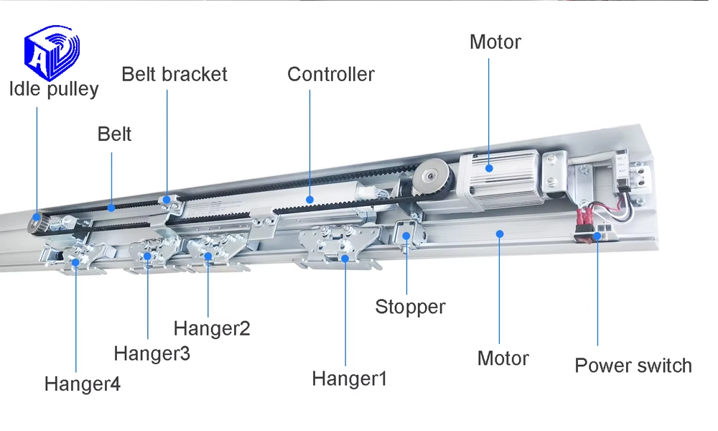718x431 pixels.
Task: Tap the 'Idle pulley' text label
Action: [x=54, y=89]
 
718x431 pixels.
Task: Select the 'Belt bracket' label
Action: [x=174, y=74]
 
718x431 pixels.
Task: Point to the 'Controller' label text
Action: [x=331, y=74]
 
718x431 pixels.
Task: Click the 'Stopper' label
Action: [x=410, y=307]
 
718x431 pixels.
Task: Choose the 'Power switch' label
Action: [x=633, y=365]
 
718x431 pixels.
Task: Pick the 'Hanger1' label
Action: [x=349, y=378]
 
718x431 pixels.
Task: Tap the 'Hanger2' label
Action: [x=212, y=328]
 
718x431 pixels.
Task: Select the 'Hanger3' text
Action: [x=152, y=353]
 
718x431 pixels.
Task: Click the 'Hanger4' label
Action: [x=83, y=384]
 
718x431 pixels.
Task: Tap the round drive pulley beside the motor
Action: [x=432, y=176]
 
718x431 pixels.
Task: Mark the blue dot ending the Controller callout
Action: [x=310, y=198]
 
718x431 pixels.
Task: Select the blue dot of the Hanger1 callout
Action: [x=345, y=257]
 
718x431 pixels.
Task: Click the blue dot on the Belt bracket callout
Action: [x=167, y=199]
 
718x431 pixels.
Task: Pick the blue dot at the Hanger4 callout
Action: [x=76, y=263]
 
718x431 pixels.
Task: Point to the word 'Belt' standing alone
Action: [x=115, y=134]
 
